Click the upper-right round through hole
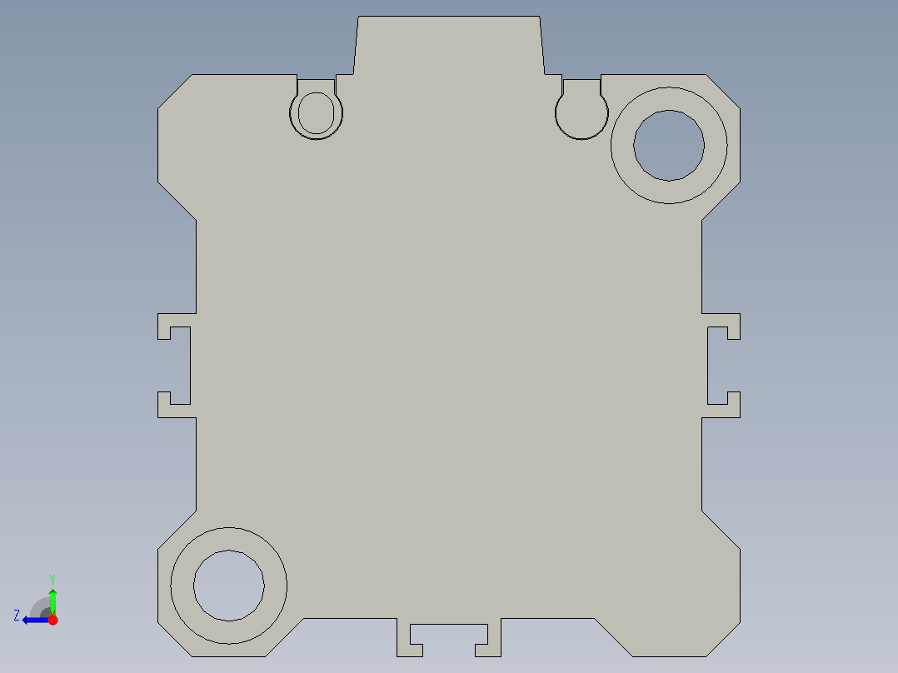[x=669, y=145]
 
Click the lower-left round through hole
[x=229, y=586]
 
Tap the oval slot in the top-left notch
[x=316, y=112]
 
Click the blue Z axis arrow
[x=33, y=619]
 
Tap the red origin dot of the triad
[x=52, y=620]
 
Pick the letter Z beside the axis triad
[x=17, y=615]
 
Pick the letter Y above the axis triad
[x=52, y=578]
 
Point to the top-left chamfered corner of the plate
[x=174, y=91]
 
